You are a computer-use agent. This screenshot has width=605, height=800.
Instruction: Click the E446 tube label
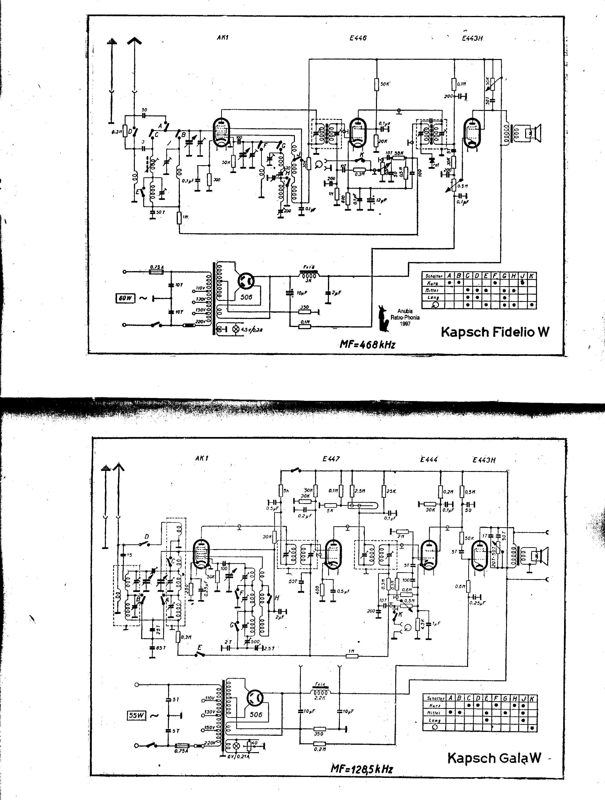point(358,38)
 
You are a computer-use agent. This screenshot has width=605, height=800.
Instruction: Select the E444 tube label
point(429,459)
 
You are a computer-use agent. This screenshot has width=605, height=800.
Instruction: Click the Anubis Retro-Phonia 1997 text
point(405,317)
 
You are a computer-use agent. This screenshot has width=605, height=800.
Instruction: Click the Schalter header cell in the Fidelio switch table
point(433,276)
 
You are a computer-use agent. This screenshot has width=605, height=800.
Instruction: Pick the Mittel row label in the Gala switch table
point(434,712)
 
